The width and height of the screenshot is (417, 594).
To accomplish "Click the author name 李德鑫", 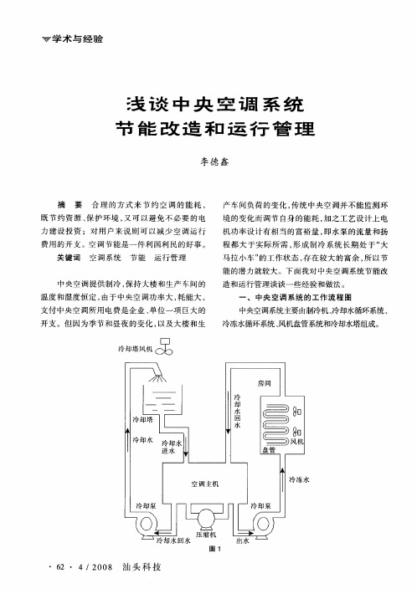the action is click(x=214, y=161).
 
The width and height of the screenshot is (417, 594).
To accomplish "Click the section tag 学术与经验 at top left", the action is click(x=77, y=38).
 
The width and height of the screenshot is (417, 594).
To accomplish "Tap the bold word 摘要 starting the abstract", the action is click(x=69, y=205).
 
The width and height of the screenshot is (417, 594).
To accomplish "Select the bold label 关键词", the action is click(x=69, y=258).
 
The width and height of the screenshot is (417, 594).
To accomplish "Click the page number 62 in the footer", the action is click(x=60, y=567).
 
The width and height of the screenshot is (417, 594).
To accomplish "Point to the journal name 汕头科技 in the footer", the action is click(x=142, y=566).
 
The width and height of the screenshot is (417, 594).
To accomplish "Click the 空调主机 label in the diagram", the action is click(x=204, y=484).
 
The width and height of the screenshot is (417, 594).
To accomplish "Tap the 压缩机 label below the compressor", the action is click(x=206, y=534).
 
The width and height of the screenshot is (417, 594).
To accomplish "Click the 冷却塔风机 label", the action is click(x=136, y=349).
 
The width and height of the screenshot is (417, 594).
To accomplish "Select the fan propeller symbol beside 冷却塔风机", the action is click(x=164, y=351).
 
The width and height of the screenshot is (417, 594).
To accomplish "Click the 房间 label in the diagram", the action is click(x=265, y=383).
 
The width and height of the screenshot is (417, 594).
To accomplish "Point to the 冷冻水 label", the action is click(x=299, y=479).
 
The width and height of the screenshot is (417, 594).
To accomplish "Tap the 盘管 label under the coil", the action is click(x=269, y=450).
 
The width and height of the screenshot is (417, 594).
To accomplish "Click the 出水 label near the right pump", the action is click(x=243, y=540).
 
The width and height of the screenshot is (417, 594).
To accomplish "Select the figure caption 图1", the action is click(x=215, y=549).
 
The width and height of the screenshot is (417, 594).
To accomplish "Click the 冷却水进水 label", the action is click(x=172, y=447).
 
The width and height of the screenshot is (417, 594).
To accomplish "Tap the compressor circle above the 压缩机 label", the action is click(x=206, y=518).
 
